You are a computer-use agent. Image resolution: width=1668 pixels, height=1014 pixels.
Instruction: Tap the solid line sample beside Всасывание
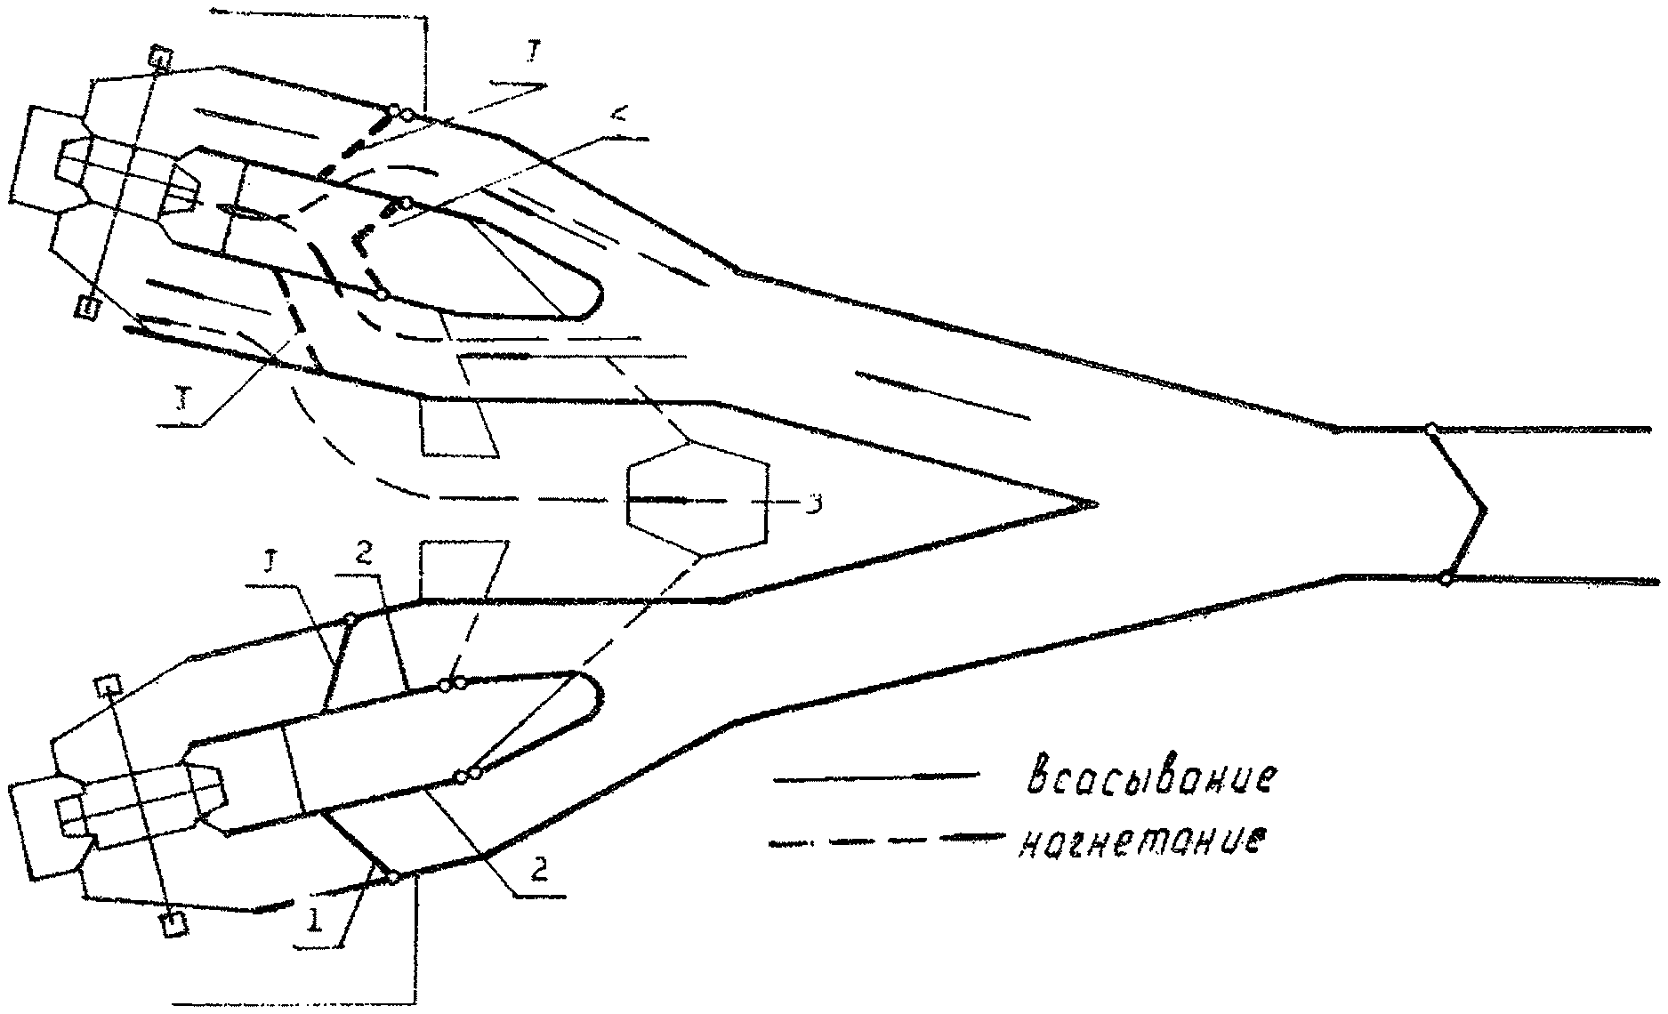coord(876,778)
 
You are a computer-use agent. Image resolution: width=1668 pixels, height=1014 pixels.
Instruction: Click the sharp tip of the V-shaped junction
coord(1093,503)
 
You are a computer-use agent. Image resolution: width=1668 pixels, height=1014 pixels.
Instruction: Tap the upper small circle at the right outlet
coord(1430,430)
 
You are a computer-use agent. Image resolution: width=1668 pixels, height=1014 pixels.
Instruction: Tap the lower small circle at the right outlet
coord(1446,579)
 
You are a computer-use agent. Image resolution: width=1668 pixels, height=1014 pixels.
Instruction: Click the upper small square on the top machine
coord(159,59)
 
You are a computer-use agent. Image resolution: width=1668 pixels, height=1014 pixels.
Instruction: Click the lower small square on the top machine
coord(87,308)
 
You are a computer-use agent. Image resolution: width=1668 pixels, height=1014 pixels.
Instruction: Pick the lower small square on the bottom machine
coord(173,923)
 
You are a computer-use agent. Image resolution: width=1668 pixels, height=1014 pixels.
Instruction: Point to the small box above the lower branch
coord(463,569)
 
